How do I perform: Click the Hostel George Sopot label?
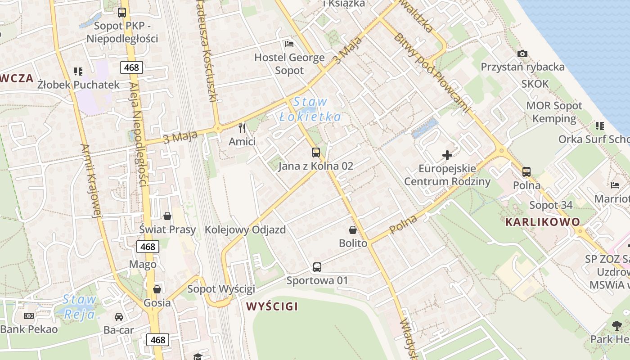(289, 64)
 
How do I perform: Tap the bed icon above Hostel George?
(289, 44)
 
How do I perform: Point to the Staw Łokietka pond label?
(310, 109)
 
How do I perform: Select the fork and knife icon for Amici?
(242, 128)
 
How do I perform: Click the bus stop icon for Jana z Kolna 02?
(316, 153)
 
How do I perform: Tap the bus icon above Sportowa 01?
(317, 267)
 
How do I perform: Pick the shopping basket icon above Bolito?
(353, 230)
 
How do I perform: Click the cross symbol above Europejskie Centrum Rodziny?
(447, 156)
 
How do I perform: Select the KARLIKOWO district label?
(543, 222)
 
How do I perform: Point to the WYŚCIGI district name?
(272, 307)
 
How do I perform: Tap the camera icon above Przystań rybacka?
(522, 54)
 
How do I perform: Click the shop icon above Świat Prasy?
(167, 216)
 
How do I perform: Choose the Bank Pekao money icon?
(29, 316)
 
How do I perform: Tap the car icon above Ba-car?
(119, 317)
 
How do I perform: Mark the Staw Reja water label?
(80, 306)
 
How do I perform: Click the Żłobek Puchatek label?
(79, 85)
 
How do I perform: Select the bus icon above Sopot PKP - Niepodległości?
(122, 13)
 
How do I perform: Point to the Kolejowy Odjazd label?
(245, 229)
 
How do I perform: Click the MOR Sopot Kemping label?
(554, 112)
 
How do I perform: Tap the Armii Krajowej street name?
(90, 180)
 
